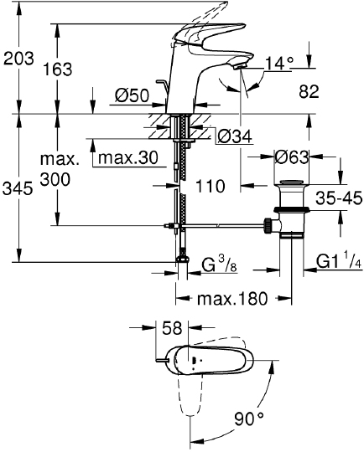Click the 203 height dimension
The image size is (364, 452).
[18, 59]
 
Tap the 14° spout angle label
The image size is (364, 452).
[279, 62]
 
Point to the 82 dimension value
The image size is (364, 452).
[309, 92]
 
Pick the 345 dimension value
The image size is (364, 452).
[18, 189]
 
